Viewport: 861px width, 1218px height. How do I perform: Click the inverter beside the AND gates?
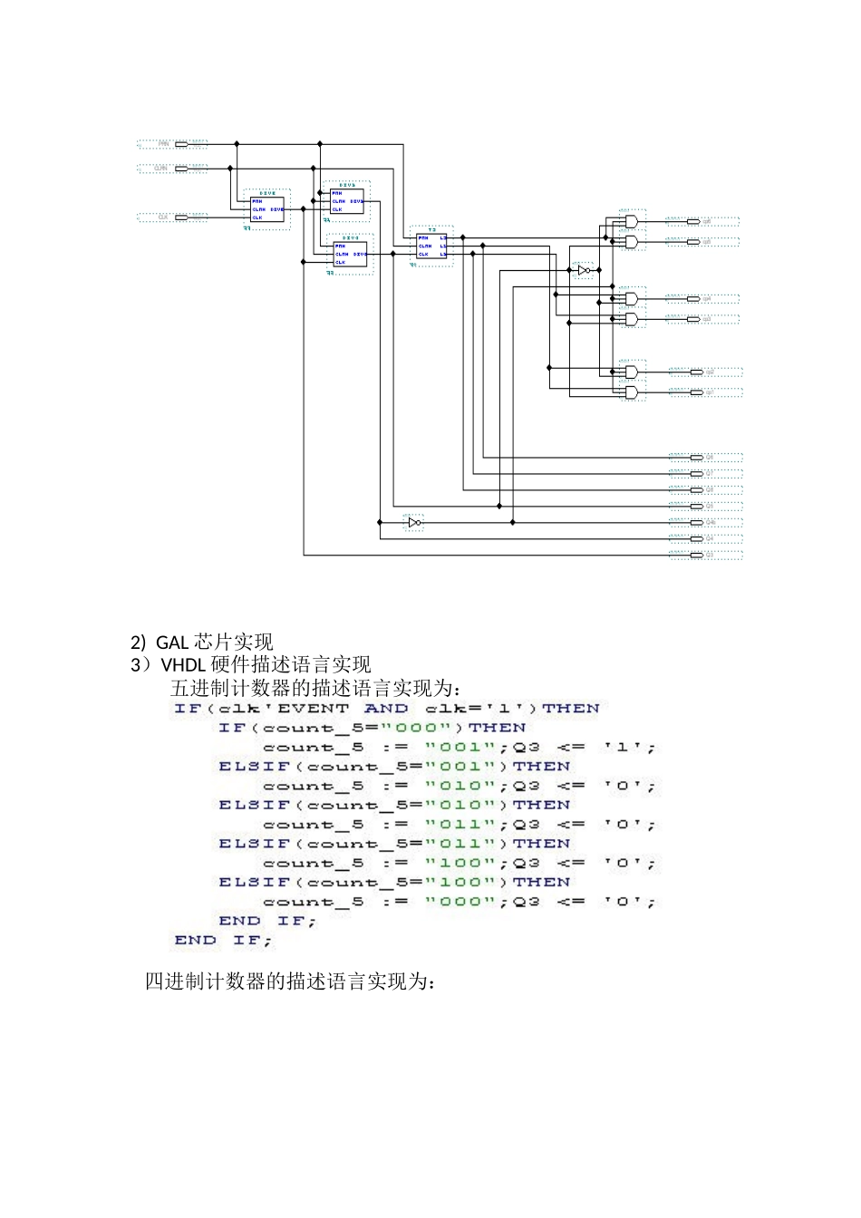tap(585, 270)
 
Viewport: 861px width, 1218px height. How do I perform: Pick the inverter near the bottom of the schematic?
tap(413, 522)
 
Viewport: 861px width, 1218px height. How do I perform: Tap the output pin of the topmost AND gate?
tap(693, 221)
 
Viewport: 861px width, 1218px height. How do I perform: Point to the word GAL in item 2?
tap(172, 643)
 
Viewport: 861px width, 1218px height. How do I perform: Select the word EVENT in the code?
tap(313, 709)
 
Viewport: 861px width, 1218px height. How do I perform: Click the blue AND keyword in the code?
tap(386, 709)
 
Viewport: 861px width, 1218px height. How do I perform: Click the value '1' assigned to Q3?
tap(623, 748)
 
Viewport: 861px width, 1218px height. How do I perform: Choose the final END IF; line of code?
tap(223, 940)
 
